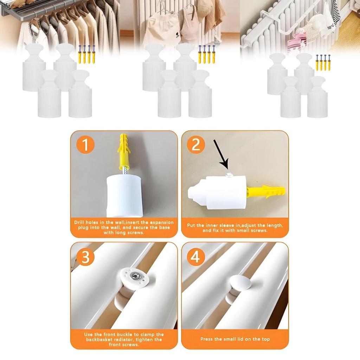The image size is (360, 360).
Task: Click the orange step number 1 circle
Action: (x=85, y=144)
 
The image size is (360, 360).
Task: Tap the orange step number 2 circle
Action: (x=196, y=144)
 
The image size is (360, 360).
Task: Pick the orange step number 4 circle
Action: (x=196, y=257)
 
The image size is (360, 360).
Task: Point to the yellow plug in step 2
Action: (x=266, y=192)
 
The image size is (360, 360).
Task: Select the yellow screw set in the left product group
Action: (x=86, y=54)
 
